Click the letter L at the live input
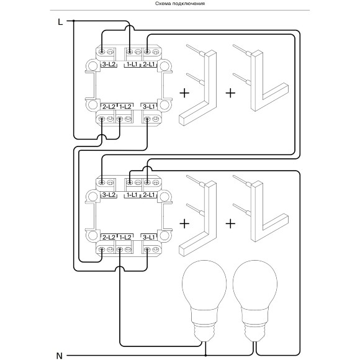[x=60, y=22]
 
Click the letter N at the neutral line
[x=60, y=356]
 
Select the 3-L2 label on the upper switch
[x=109, y=65]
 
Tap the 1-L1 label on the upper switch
[x=132, y=65]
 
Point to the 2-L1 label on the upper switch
[x=149, y=65]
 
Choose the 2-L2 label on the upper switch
[x=109, y=107]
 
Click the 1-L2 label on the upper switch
[x=125, y=107]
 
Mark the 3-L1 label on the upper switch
[x=149, y=107]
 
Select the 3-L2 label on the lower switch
[x=109, y=195]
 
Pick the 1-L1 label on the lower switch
[x=132, y=195]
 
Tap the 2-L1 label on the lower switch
[x=149, y=195]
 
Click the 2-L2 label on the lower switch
[x=109, y=237]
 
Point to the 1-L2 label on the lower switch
[x=125, y=237]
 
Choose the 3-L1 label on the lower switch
[x=149, y=237]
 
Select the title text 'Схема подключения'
[x=180, y=4]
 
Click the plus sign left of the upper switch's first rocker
[x=184, y=93]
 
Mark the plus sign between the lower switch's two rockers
[x=230, y=223]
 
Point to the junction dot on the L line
[x=74, y=21]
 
